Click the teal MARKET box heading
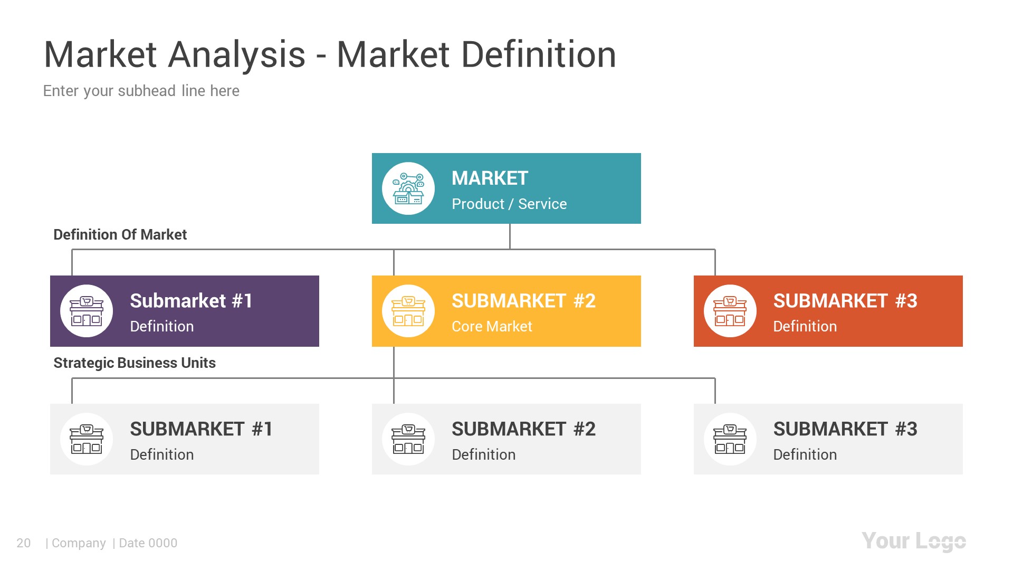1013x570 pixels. pos(490,178)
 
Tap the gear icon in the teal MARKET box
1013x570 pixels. pos(408,189)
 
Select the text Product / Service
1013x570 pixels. pos(509,204)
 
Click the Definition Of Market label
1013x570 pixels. pos(120,235)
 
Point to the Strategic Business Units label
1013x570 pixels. pos(135,363)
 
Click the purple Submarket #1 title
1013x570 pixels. pos(191,301)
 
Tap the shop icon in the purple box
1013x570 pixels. pos(87,311)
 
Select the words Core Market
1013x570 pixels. pos(492,327)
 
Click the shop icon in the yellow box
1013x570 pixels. pos(408,311)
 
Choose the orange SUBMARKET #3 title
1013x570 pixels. pos(845,301)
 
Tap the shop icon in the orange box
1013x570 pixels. pos(730,311)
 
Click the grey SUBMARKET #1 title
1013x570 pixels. pos(201,429)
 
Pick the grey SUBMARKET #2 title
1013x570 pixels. pos(523,429)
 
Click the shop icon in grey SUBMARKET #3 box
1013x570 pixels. pos(730,439)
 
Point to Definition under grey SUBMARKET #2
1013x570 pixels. pos(483,455)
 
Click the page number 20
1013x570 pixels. pos(24,543)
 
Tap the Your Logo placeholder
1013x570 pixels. pos(914,541)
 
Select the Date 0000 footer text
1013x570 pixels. pos(148,543)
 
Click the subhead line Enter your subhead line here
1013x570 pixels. pos(141,91)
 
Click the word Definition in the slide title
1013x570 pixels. pos(539,54)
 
